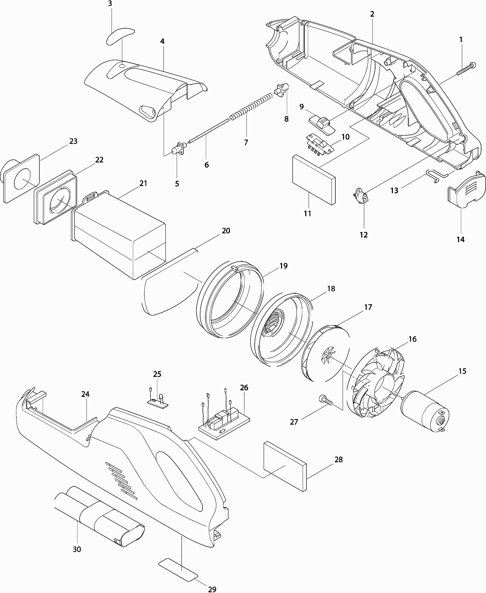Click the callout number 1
click(461, 40)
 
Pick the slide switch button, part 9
click(322, 126)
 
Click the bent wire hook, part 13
click(437, 176)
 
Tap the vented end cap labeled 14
click(466, 189)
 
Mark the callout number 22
click(99, 160)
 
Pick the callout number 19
click(283, 266)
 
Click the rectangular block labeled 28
click(285, 466)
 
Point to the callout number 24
click(85, 394)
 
